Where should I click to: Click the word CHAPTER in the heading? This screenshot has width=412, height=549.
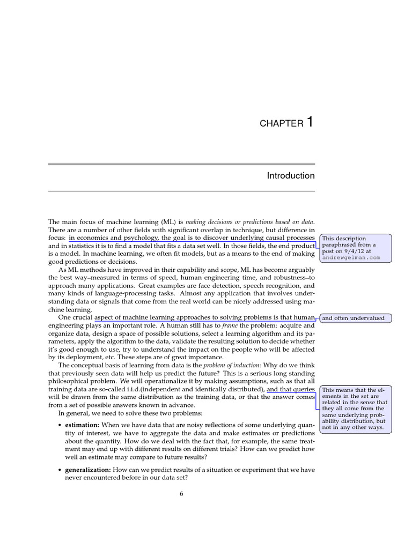[x=281, y=124]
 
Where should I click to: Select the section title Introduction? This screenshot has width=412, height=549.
[x=291, y=176]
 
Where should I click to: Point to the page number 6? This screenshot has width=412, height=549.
[x=182, y=494]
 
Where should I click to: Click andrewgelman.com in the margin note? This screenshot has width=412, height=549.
[x=351, y=257]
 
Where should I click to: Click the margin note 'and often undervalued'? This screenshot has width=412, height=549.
[x=354, y=318]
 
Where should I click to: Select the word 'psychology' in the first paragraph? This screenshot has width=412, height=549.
[x=138, y=238]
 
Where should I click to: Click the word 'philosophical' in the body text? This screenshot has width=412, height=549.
[x=71, y=381]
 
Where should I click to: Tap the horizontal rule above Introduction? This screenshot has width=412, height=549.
[x=181, y=164]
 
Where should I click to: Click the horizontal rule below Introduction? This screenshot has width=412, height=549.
[x=181, y=191]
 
